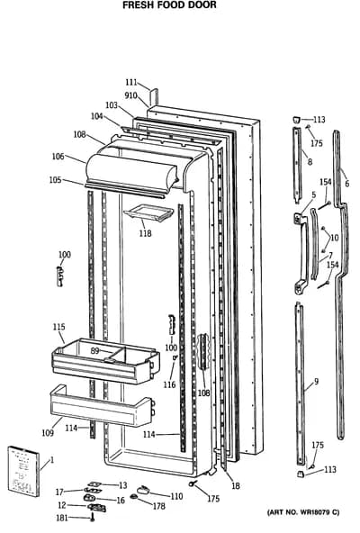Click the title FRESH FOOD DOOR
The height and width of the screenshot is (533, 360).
pyautogui.click(x=169, y=5)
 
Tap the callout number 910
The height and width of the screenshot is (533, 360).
pyautogui.click(x=130, y=95)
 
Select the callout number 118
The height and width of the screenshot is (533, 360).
pyautogui.click(x=145, y=233)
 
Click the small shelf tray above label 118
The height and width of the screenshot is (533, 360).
pyautogui.click(x=148, y=214)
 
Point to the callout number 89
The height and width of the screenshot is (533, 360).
pyautogui.click(x=94, y=351)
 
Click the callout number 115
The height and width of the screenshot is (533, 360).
pyautogui.click(x=58, y=327)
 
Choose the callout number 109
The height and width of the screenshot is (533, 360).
pyautogui.click(x=48, y=433)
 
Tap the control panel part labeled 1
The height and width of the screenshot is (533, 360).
pyautogui.click(x=23, y=471)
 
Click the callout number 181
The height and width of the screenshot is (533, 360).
pyautogui.click(x=62, y=518)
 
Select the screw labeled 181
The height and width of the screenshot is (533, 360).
pyautogui.click(x=92, y=519)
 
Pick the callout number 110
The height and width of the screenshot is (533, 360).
pyautogui.click(x=176, y=496)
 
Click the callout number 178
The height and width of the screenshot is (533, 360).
pyautogui.click(x=158, y=506)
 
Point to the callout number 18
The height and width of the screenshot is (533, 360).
pyautogui.click(x=236, y=486)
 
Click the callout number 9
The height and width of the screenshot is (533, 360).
pyautogui.click(x=317, y=382)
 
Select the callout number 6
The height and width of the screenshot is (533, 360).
pyautogui.click(x=346, y=184)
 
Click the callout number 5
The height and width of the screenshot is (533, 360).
pyautogui.click(x=314, y=194)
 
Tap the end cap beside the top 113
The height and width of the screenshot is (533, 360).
pyautogui.click(x=297, y=120)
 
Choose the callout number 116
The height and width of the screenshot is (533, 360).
pyautogui.click(x=169, y=384)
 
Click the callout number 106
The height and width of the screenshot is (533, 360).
pyautogui.click(x=58, y=157)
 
